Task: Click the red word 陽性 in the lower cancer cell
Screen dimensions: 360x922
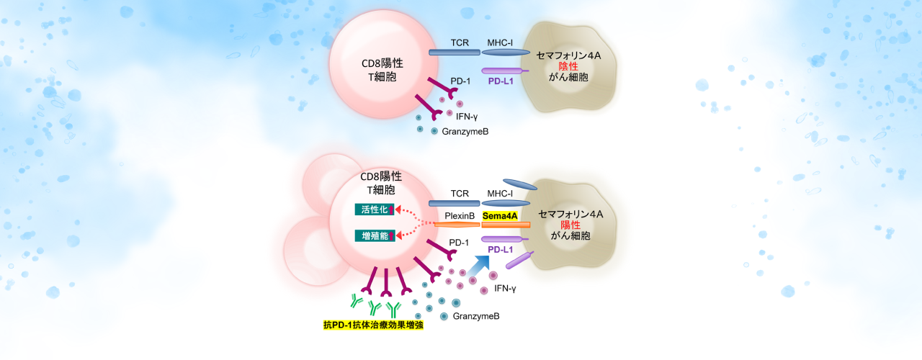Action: coord(570,225)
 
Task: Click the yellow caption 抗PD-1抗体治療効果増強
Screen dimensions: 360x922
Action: coord(373,325)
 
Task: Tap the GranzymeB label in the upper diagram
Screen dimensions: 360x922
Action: coord(465,130)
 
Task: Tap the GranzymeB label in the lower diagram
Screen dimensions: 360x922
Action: coord(476,316)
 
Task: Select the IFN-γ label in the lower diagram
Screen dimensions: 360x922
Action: coord(505,289)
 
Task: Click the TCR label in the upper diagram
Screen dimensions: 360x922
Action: coord(460,42)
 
